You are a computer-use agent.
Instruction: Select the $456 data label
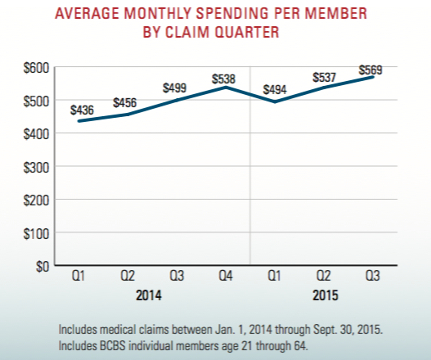[124, 103]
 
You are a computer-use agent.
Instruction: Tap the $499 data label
[175, 88]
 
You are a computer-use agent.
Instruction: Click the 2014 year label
[149, 294]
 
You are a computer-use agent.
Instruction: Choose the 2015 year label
[325, 294]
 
